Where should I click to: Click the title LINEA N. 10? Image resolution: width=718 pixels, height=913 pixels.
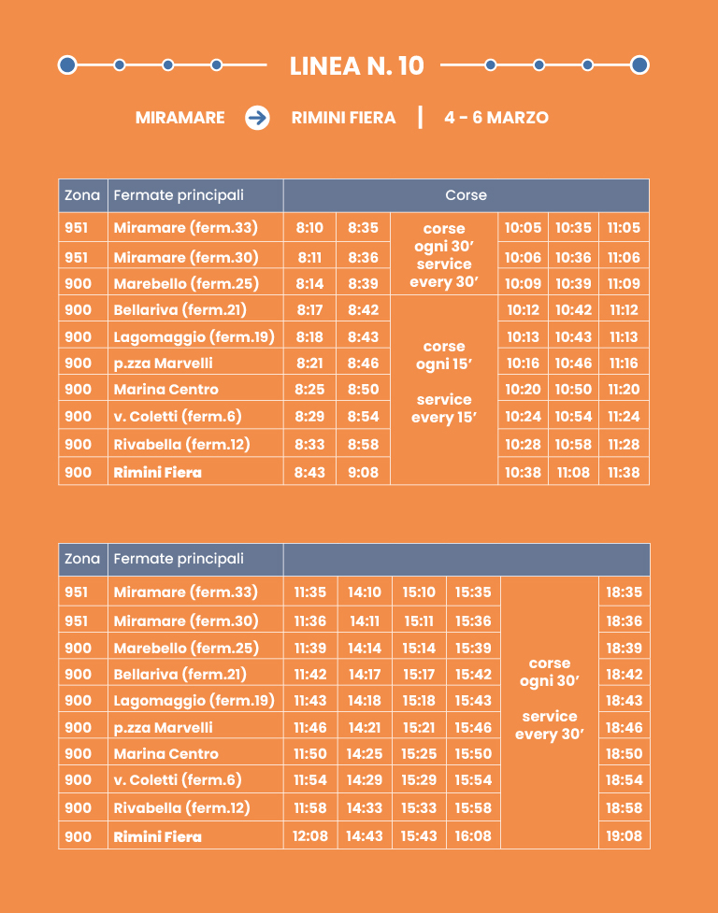pos(357,65)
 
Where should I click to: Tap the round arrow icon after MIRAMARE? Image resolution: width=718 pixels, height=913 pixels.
pos(257,118)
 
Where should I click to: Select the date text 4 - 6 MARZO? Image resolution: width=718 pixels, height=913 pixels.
pos(496,118)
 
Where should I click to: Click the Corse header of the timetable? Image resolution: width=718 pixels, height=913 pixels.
pos(466,195)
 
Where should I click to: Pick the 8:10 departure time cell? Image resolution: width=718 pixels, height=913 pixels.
pos(309,227)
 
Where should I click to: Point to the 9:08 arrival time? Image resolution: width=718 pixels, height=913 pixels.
pos(363,472)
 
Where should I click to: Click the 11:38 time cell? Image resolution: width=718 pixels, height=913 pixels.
pos(624,472)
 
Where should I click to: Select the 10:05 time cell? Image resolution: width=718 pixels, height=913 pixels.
pos(523,227)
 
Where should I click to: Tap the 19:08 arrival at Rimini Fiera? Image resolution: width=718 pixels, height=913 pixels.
pos(624,836)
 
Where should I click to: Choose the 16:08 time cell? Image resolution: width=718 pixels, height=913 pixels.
pos(473,836)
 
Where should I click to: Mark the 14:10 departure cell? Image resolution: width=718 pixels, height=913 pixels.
pos(364,592)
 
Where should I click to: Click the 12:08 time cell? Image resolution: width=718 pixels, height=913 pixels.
pos(310,836)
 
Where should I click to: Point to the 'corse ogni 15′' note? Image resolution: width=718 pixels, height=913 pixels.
pos(444,355)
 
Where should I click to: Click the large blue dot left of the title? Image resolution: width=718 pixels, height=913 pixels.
pos(66,65)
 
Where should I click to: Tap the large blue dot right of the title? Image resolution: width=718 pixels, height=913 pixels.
pos(639,65)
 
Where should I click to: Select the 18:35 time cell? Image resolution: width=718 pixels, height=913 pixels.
pos(624,592)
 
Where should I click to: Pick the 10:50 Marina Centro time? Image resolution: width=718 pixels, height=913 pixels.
pos(573,390)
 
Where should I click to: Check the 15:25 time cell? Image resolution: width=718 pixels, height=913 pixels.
pos(419,754)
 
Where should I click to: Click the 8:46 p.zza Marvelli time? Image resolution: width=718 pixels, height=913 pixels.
pos(363,364)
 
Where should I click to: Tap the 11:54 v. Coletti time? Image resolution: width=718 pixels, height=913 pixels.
pos(310,780)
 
